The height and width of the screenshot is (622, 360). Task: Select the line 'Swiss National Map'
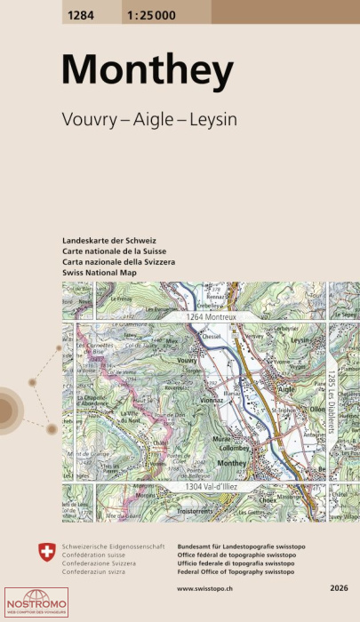[x=100, y=274]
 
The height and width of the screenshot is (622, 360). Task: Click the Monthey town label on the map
[x=231, y=463]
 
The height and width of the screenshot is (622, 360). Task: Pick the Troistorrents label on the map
[x=203, y=512]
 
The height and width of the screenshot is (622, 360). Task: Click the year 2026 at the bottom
[x=338, y=588]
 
